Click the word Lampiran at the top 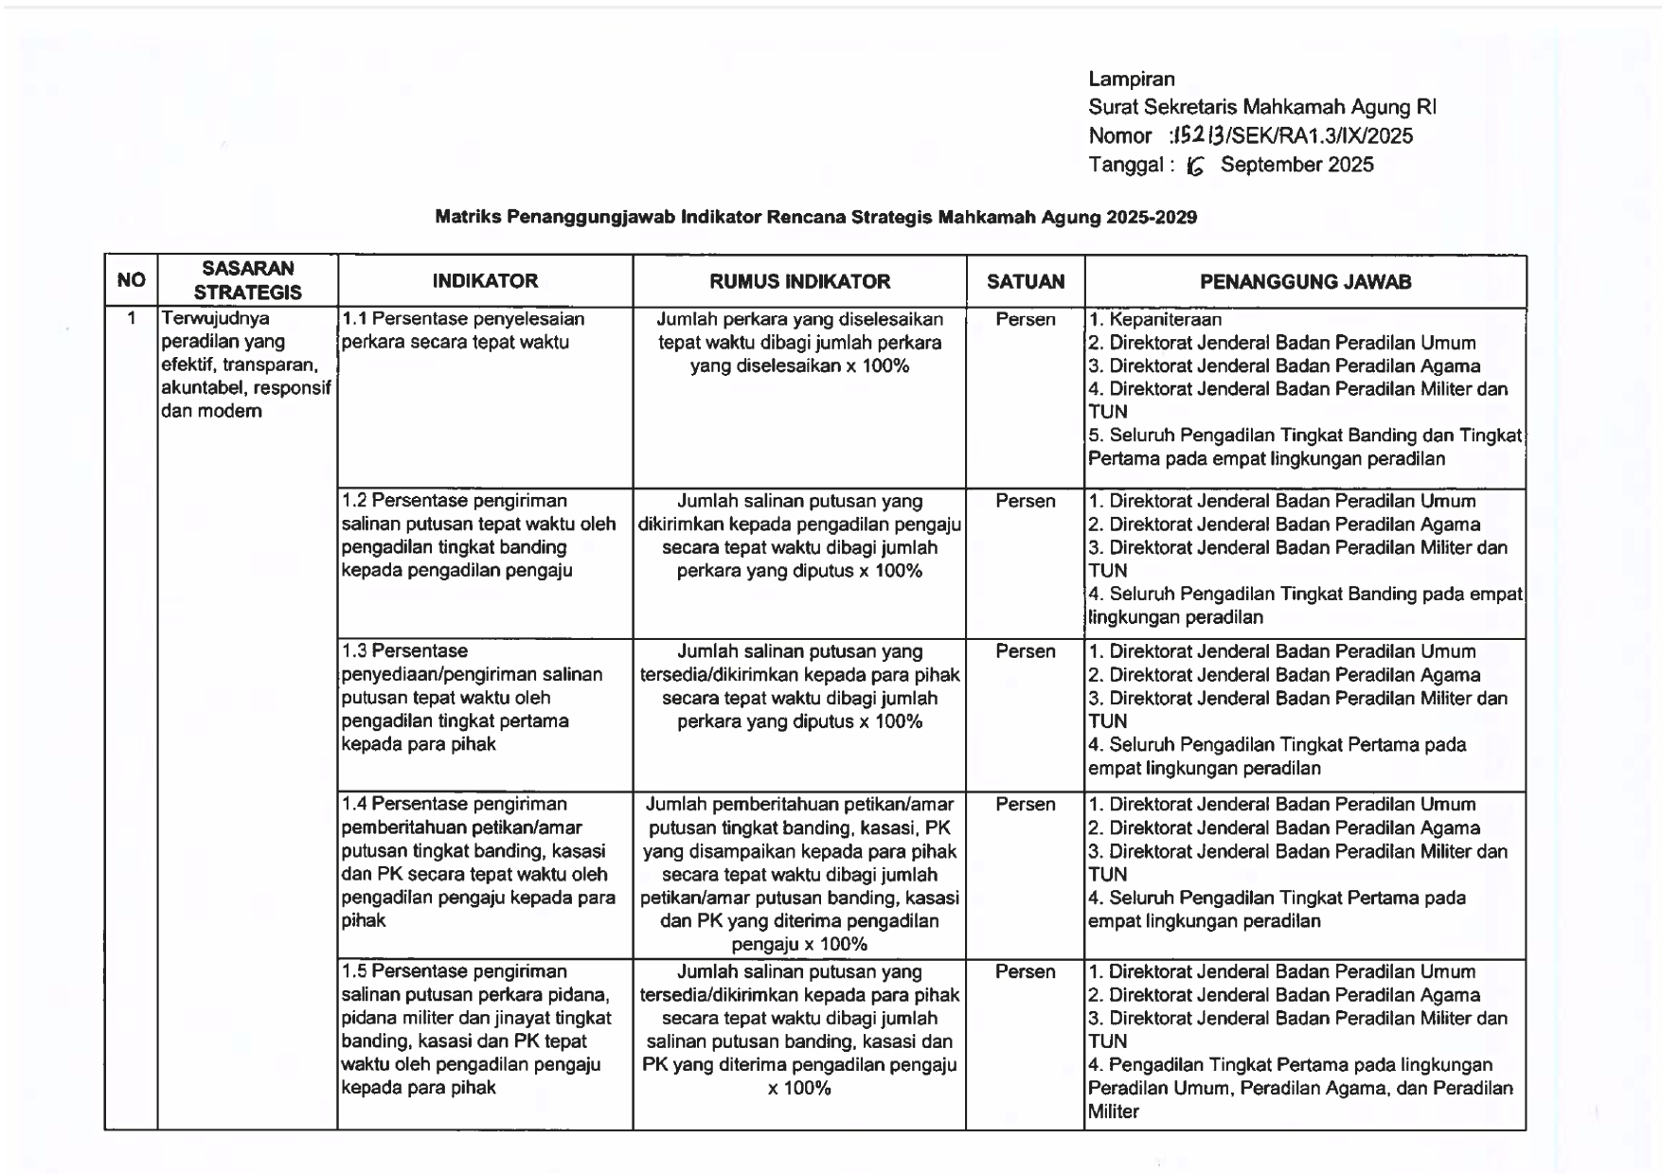(1131, 80)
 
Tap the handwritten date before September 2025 (1195, 167)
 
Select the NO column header (131, 280)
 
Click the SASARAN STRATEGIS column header (247, 280)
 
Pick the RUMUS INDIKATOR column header (799, 281)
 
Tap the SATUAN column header (1025, 281)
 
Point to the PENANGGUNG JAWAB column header (1305, 281)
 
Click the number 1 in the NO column (132, 318)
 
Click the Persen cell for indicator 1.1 (1025, 320)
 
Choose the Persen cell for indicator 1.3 (1025, 651)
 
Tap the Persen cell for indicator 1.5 (1025, 971)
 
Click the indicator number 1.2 (354, 501)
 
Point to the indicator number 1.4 (354, 804)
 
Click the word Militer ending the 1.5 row (1114, 1112)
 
